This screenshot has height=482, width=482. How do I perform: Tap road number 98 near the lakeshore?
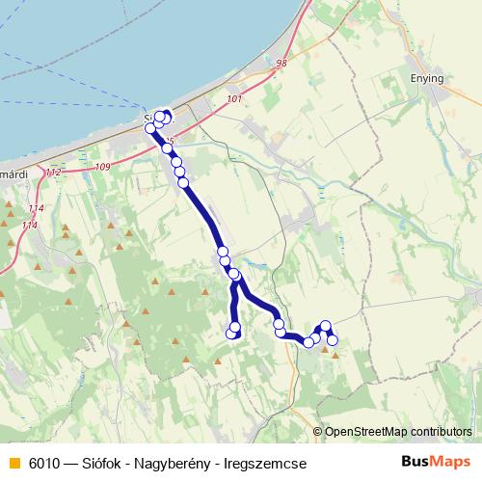tap(281, 64)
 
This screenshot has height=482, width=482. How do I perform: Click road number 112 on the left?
tap(52, 172)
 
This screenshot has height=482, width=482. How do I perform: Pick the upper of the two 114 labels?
tap(37, 208)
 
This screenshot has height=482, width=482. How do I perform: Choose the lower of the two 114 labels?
tap(30, 225)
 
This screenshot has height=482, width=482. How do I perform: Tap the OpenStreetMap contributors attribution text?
tap(398, 432)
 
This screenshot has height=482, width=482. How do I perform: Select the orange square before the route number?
tap(13, 464)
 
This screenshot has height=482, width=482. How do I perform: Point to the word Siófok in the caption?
tap(113, 463)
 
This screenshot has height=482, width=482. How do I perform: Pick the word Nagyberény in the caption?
tap(187, 463)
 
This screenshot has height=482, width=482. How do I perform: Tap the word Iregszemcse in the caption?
tap(272, 463)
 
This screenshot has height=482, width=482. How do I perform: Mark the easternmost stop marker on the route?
tap(333, 340)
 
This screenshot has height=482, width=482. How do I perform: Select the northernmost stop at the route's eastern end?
tap(326, 326)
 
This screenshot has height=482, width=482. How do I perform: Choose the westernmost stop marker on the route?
tap(149, 128)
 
